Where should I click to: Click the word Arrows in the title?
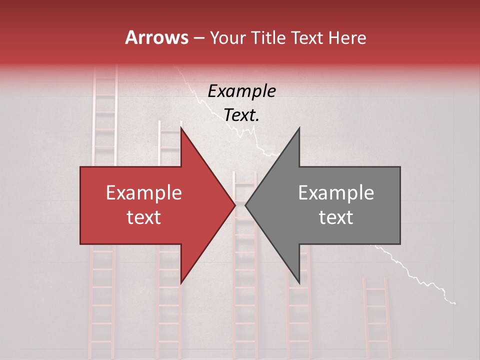[156, 37]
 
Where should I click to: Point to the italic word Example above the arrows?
[241, 91]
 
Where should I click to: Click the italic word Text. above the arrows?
[241, 115]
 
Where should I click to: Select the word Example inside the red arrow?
[143, 193]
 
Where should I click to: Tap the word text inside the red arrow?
[143, 217]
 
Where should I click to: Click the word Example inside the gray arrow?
[336, 193]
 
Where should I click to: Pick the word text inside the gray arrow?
[336, 217]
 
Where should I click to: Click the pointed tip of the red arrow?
[235, 205]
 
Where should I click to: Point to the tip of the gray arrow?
[245, 205]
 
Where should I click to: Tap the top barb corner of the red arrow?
[180, 127]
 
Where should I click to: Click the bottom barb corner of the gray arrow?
[299, 283]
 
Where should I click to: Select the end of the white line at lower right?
[455, 302]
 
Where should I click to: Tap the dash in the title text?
[198, 38]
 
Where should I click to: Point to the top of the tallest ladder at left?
[105, 70]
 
